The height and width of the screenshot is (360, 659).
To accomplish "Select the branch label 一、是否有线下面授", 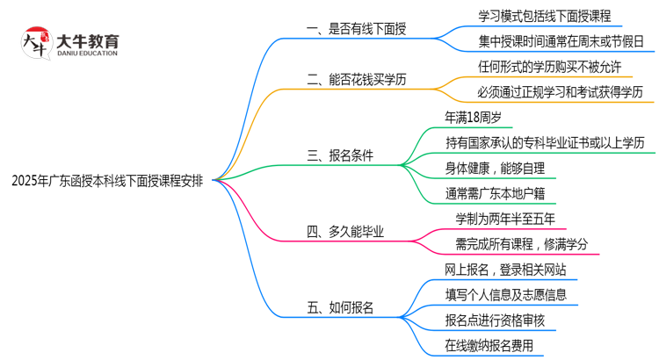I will click(x=355, y=29).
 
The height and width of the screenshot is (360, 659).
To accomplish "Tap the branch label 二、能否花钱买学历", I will click(x=356, y=80).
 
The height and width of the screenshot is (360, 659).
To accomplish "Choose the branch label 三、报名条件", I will click(x=339, y=155).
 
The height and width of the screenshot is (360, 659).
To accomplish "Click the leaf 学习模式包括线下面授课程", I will click(x=544, y=16).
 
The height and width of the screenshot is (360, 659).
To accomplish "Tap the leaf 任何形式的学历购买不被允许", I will click(x=549, y=67).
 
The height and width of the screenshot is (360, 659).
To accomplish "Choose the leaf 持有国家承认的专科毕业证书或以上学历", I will click(x=545, y=143).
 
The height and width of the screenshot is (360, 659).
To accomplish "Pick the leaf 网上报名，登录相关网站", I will click(x=505, y=269).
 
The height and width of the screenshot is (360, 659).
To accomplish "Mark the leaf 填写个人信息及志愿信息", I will click(x=505, y=294).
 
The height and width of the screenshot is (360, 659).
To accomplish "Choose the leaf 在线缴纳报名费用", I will click(x=489, y=345).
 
